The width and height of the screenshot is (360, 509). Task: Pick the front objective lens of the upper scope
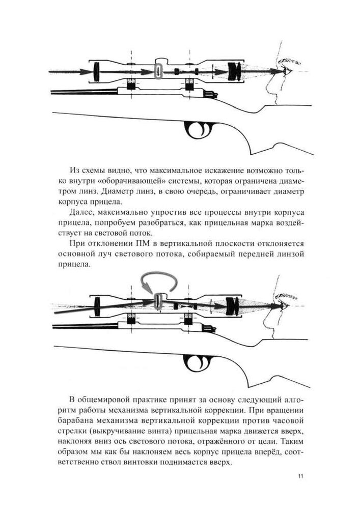click(96, 71)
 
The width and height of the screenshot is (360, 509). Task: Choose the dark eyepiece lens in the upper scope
click(234, 71)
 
